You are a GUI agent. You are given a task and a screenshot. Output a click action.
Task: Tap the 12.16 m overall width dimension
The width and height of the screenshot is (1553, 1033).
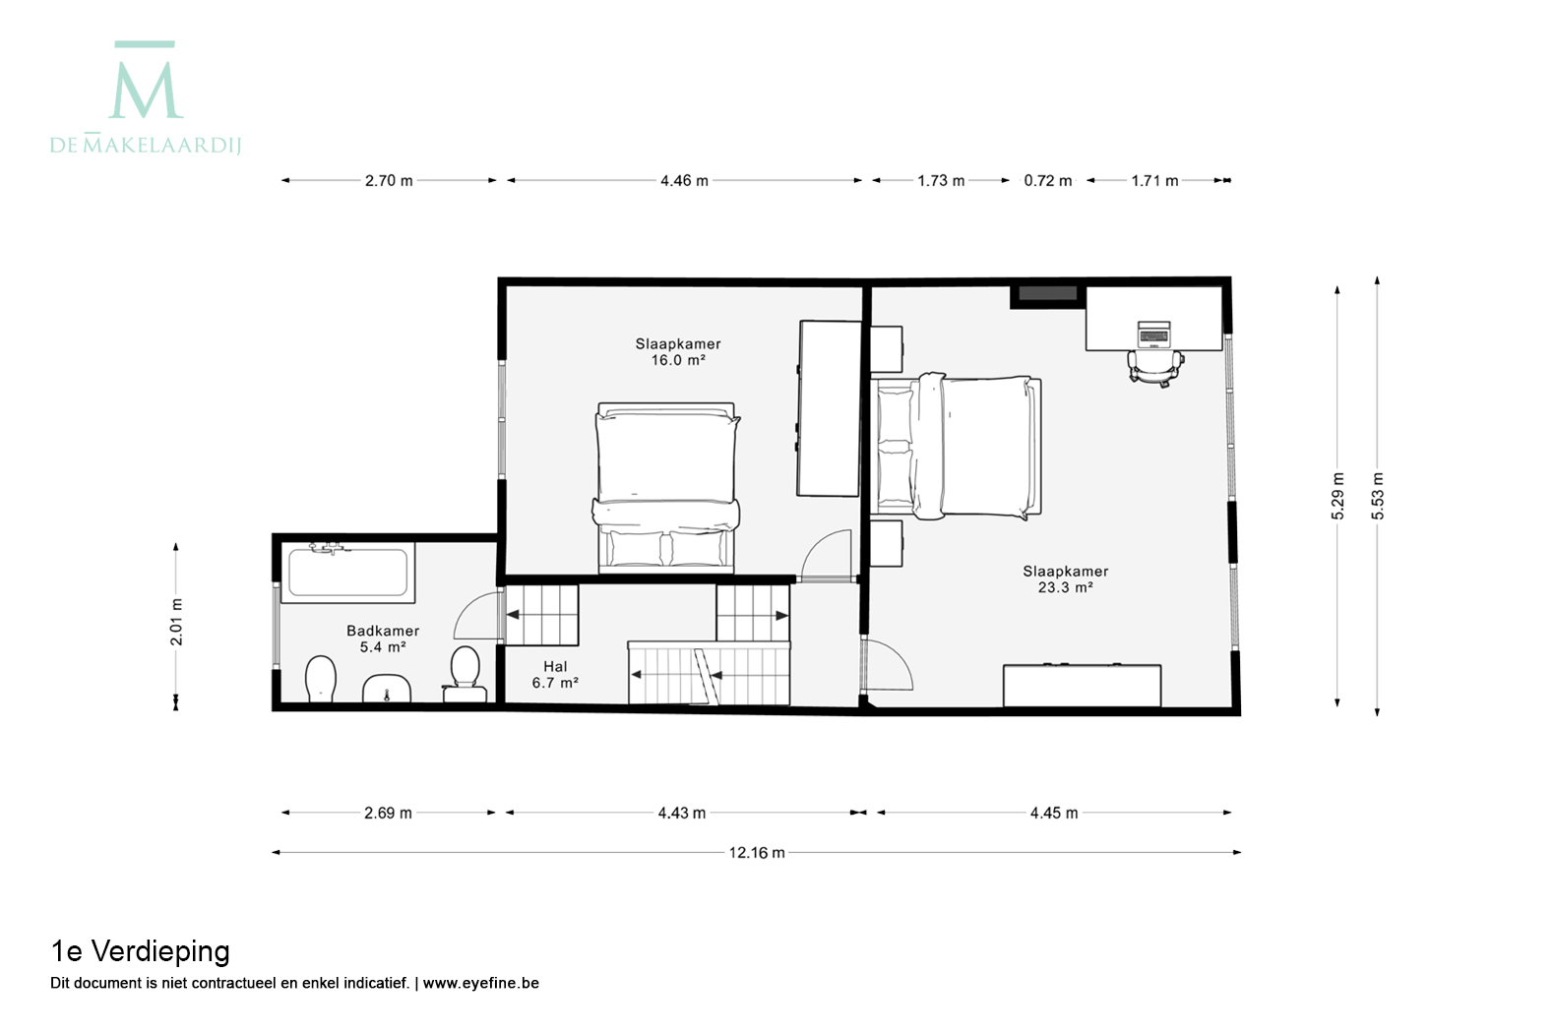[757, 853]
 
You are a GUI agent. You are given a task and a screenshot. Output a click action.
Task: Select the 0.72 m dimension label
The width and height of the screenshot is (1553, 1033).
[1047, 181]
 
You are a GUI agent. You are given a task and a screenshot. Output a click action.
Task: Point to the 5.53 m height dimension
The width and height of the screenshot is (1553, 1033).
[1378, 497]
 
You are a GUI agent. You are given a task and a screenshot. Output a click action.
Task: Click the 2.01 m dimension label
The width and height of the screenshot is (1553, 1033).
[176, 622]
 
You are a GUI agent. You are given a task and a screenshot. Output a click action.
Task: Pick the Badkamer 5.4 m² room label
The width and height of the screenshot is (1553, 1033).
[383, 638]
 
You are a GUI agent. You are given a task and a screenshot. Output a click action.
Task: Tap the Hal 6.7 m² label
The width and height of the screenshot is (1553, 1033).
[555, 675]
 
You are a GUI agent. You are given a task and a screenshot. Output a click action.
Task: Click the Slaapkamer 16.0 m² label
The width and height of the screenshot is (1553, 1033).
[678, 351]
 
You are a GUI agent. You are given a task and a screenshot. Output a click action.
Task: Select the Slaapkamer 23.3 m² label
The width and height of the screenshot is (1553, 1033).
[1066, 578]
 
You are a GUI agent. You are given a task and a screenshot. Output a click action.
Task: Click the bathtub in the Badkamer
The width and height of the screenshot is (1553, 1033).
[347, 573]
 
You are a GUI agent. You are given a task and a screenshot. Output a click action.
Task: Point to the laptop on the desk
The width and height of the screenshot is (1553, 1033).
[1153, 334]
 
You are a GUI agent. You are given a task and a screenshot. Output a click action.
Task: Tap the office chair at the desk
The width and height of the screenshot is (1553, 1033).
[1155, 368]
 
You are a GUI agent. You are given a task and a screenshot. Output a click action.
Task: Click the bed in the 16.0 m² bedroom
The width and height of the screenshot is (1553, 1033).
[665, 487]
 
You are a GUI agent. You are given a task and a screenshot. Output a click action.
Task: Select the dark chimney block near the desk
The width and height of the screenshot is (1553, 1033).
[1047, 293]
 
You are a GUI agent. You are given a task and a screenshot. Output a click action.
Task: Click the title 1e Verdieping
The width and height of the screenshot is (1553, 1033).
[140, 951]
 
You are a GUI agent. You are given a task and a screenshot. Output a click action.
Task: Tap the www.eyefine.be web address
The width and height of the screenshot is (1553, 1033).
[480, 983]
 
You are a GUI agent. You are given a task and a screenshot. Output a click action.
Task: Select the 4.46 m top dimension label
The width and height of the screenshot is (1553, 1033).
[684, 181]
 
